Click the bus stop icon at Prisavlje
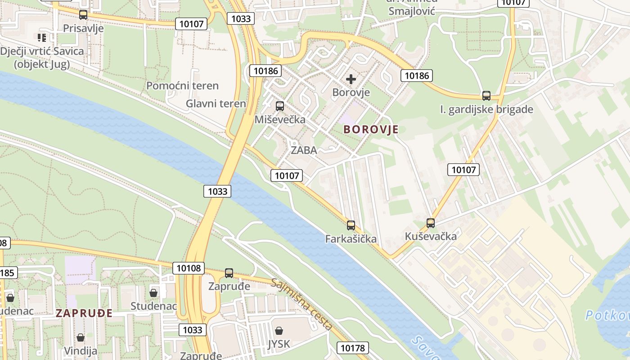(83, 15)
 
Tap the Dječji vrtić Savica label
(42, 57)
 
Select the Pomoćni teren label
(182, 85)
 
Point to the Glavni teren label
(216, 103)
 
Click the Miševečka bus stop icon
(280, 106)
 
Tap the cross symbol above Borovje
(351, 80)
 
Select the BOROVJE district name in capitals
(371, 130)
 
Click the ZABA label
(304, 150)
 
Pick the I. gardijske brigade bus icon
(486, 96)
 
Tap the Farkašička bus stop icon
(351, 225)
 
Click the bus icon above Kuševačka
(431, 223)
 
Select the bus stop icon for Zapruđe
(229, 273)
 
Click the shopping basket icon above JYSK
(279, 331)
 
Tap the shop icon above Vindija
(81, 337)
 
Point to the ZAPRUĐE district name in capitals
(84, 314)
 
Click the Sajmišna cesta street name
(301, 304)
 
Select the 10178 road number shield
(353, 347)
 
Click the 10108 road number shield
(189, 268)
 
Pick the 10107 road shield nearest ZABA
(287, 175)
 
